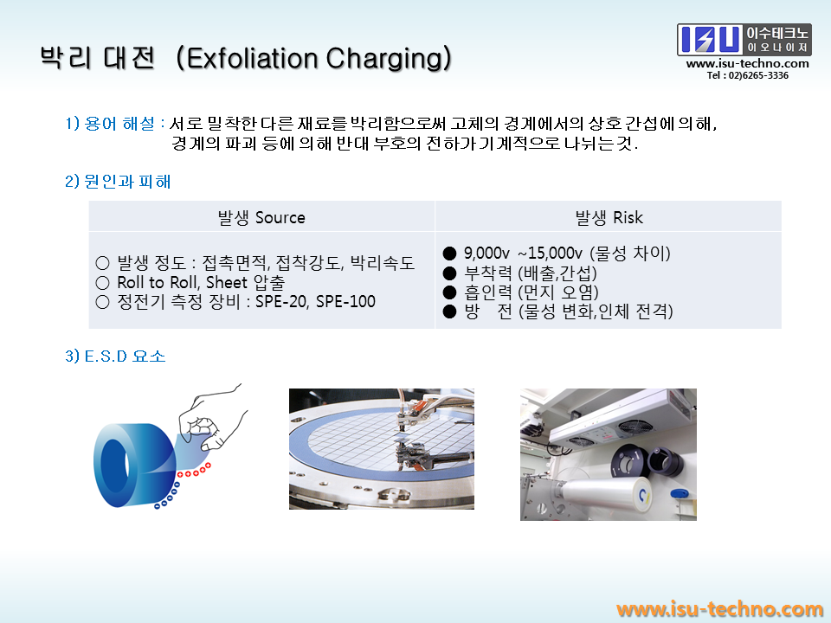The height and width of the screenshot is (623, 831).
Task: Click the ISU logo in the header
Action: point(744,40)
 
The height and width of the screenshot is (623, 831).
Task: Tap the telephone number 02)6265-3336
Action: point(758,76)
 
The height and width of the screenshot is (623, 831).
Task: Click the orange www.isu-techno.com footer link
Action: point(719,609)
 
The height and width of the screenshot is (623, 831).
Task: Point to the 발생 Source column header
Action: point(261,217)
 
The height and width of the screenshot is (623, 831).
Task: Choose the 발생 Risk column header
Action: point(609,217)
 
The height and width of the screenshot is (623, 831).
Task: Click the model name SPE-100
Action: point(345,301)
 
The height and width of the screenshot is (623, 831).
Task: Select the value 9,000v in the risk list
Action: point(486,254)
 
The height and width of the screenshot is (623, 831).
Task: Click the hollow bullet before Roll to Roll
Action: point(102,282)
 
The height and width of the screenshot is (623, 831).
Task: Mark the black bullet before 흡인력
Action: point(449,292)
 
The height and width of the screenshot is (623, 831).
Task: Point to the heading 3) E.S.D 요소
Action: point(115,356)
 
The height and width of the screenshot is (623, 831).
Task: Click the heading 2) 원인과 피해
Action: point(118,182)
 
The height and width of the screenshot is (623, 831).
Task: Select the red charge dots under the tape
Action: point(194,471)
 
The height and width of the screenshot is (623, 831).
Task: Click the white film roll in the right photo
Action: point(603,494)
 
